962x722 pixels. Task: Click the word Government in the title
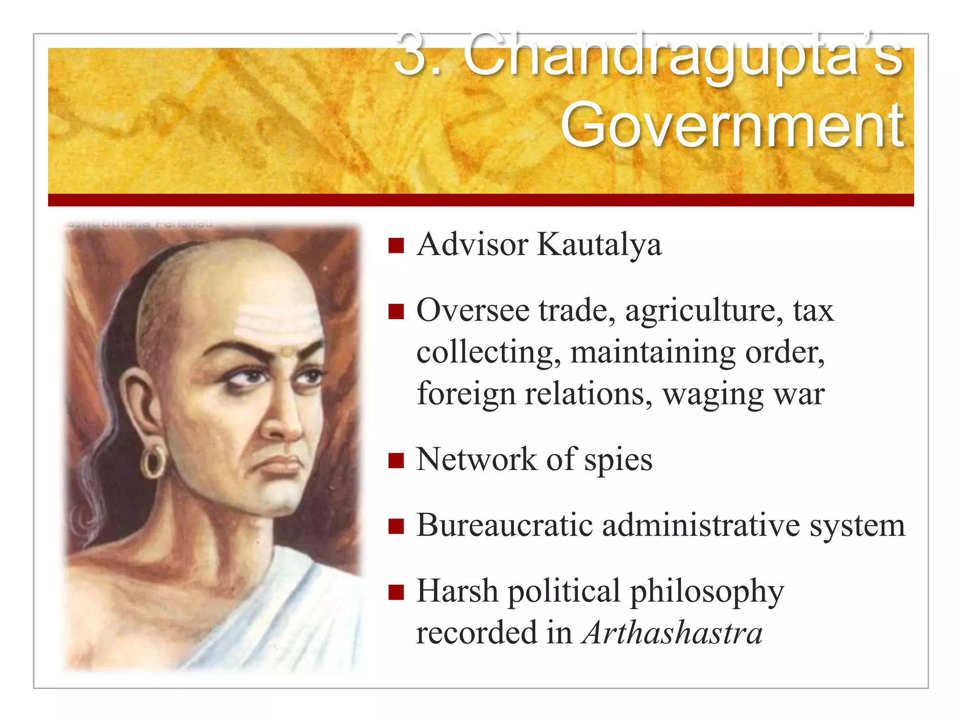732,126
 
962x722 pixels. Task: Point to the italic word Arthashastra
672,633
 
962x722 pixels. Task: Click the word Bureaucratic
504,525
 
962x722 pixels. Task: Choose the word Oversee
473,311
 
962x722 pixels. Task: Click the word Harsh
457,591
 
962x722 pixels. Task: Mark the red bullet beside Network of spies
396,461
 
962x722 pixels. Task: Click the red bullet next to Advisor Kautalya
396,245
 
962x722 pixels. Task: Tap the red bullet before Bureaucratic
396,526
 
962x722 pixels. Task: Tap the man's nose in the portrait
282,418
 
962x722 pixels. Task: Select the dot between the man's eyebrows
287,352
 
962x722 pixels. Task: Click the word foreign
466,393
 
